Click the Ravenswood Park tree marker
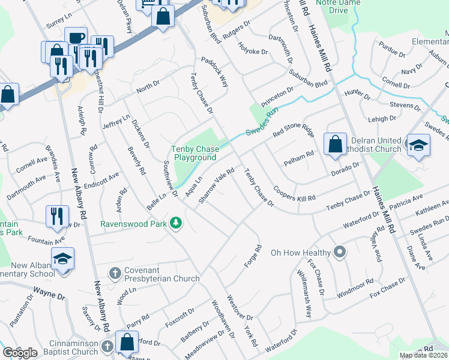pyautogui.click(x=176, y=223)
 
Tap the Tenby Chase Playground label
pyautogui.click(x=194, y=153)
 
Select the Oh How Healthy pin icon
pyautogui.click(x=339, y=253)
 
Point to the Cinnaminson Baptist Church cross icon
pyautogui.click(x=107, y=346)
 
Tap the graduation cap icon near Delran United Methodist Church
pyautogui.click(x=418, y=145)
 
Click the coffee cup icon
pyautogui.click(x=76, y=38)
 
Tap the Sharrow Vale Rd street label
pyautogui.click(x=215, y=185)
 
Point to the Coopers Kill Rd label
pyautogui.click(x=295, y=198)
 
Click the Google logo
pyautogui.click(x=20, y=353)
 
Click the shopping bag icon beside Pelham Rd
pyautogui.click(x=335, y=144)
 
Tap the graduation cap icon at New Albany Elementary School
pyautogui.click(x=62, y=259)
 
